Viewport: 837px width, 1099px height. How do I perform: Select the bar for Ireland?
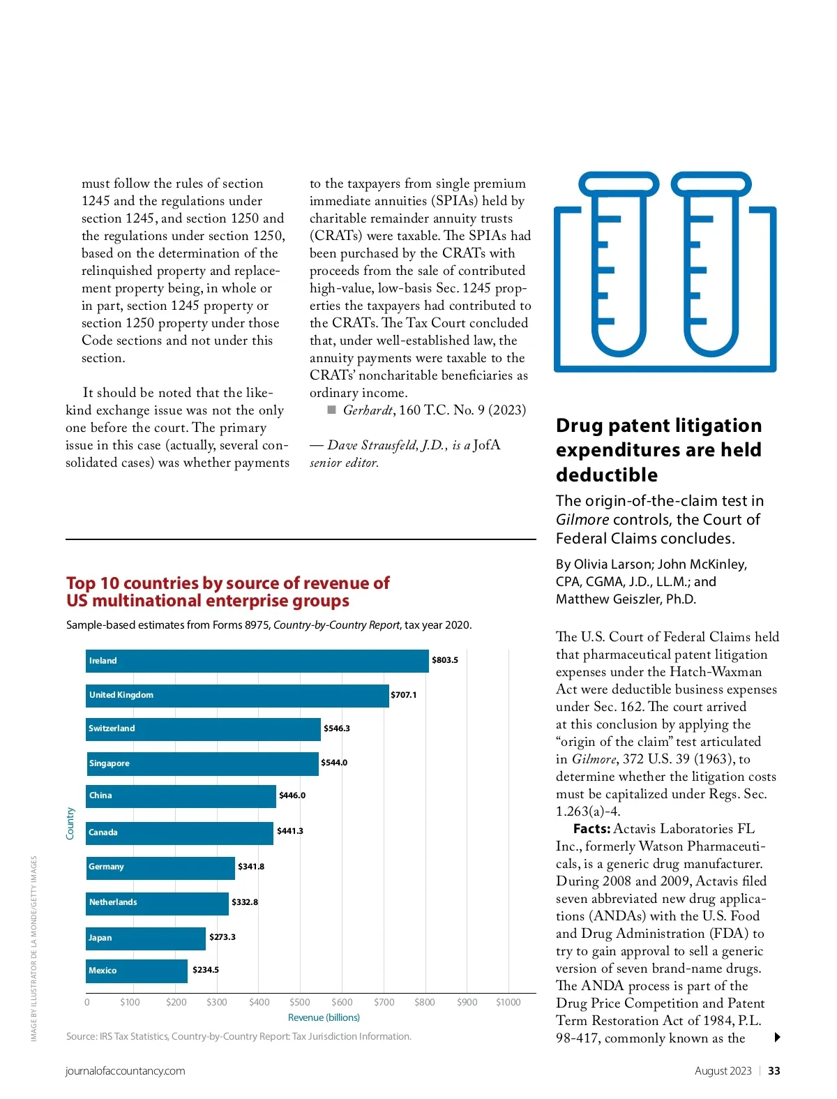pyautogui.click(x=257, y=661)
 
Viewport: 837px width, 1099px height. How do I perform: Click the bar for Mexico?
pyautogui.click(x=137, y=971)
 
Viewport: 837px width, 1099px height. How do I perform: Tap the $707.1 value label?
pyautogui.click(x=404, y=695)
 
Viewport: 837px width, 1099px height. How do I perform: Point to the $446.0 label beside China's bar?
pyautogui.click(x=292, y=795)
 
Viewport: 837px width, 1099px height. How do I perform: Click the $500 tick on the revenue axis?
pyautogui.click(x=300, y=1002)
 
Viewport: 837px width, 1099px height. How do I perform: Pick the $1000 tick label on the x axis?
pyautogui.click(x=508, y=1002)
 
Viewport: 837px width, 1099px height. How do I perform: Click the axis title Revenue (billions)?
pyautogui.click(x=324, y=1017)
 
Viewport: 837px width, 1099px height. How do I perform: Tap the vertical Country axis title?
pyautogui.click(x=70, y=823)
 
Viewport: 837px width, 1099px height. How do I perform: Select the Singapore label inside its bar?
pyautogui.click(x=110, y=763)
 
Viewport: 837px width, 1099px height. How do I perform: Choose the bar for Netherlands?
pyautogui.click(x=157, y=903)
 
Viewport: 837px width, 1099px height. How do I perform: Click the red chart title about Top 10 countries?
pyautogui.click(x=227, y=592)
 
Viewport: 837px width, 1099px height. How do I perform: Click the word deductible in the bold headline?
pyautogui.click(x=607, y=475)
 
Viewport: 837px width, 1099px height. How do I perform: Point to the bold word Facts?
pyautogui.click(x=591, y=829)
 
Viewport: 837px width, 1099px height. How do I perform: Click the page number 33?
pyautogui.click(x=774, y=1071)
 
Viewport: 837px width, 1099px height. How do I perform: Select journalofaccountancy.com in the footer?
pyautogui.click(x=126, y=1071)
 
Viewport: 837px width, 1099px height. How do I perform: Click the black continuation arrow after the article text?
pyautogui.click(x=777, y=1038)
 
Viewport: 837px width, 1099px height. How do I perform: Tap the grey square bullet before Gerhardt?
pyautogui.click(x=332, y=410)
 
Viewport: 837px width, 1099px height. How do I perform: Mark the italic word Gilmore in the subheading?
pyautogui.click(x=582, y=520)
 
